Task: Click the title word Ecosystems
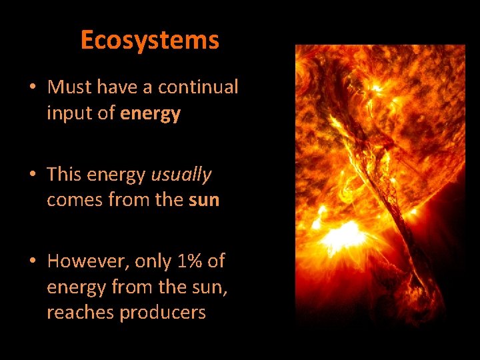[149, 41]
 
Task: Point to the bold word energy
[151, 114]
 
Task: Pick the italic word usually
[181, 175]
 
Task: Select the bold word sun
[204, 201]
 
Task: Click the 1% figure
[192, 261]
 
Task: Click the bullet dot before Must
[32, 88]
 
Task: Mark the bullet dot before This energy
[32, 175]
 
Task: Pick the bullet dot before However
[32, 262]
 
